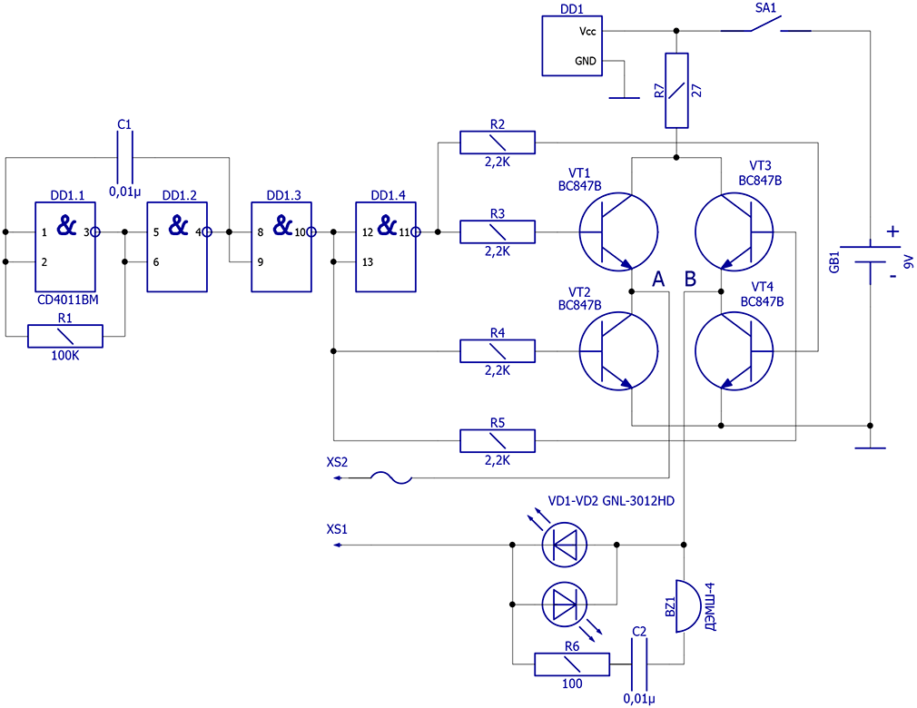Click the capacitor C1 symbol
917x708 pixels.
click(124, 157)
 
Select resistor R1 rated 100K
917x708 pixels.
click(64, 336)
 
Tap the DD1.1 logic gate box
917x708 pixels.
click(64, 247)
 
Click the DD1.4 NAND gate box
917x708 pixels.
click(386, 247)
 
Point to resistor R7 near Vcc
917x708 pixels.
click(676, 91)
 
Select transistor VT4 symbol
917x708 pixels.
click(734, 350)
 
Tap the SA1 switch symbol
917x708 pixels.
click(766, 25)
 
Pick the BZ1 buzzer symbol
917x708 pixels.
click(688, 605)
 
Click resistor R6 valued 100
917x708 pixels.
click(572, 664)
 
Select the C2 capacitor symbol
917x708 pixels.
click(639, 664)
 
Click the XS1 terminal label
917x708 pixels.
click(337, 529)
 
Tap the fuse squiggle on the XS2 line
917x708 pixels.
click(391, 477)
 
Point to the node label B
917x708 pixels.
click(690, 279)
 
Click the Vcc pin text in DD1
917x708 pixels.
click(587, 31)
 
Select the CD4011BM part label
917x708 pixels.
click(68, 300)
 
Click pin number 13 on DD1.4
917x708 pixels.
click(368, 262)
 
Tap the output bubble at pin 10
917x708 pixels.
click(311, 232)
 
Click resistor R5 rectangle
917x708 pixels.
click(498, 441)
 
